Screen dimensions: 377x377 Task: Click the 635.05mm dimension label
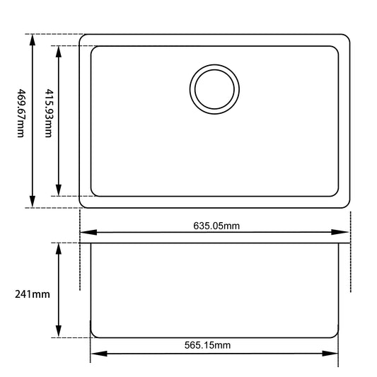pos(216,226)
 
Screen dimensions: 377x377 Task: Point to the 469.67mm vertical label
pos(21,113)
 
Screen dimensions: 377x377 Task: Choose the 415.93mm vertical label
pos(47,113)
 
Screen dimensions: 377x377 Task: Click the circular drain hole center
pos(214,90)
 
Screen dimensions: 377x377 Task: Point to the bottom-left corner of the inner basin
pos(94,192)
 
